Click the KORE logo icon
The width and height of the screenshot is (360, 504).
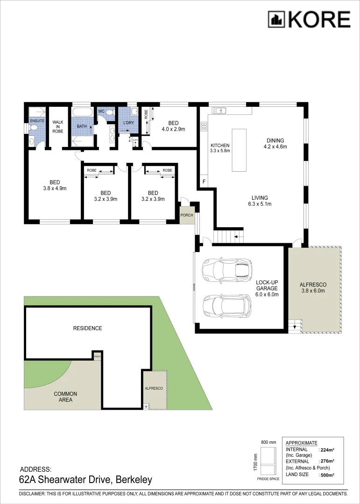pos(276,20)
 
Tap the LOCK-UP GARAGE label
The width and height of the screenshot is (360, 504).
pos(267,288)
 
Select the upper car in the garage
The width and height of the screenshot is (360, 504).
pos(226,269)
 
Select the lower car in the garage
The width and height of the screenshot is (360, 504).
pos(226,306)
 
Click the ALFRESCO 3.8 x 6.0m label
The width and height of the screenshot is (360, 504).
pos(312,287)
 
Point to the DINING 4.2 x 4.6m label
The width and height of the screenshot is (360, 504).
pos(275,143)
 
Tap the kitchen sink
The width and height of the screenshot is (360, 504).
pos(219,111)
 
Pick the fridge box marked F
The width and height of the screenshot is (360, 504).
pos(204,181)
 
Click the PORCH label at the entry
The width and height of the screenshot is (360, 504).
pos(187,215)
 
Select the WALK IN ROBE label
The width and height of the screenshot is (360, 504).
pos(58,126)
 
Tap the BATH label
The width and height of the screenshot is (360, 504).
pos(82,126)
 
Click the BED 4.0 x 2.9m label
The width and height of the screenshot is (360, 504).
pos(173,126)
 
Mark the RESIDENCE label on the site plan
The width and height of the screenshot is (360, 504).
pos(87,328)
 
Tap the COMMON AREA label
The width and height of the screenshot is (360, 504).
pos(65,397)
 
